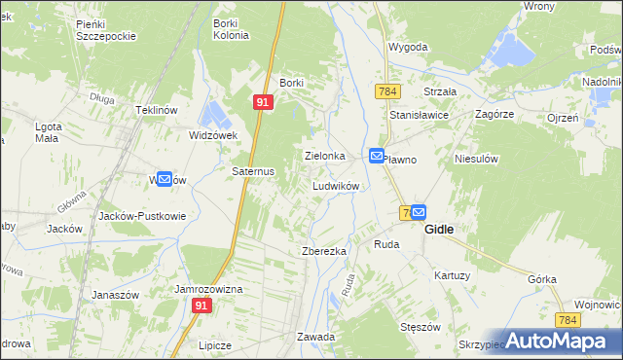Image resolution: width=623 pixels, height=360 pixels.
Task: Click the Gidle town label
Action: tap(443, 230)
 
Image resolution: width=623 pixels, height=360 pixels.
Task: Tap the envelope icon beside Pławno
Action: tap(377, 156)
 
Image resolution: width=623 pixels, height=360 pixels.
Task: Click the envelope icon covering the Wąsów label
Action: tap(165, 179)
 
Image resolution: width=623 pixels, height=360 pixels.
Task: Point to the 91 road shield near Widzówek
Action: tap(263, 101)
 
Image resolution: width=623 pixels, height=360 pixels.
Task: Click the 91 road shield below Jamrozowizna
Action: tap(202, 306)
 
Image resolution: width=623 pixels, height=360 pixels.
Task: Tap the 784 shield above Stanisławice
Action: tap(387, 90)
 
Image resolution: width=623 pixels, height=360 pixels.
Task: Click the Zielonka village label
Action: tap(325, 156)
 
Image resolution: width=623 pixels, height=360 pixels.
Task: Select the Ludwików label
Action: tap(337, 185)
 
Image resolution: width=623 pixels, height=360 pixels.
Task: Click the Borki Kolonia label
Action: tap(232, 29)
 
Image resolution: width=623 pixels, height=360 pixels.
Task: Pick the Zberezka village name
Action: tap(324, 251)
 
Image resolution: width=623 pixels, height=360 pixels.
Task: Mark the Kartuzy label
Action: tap(453, 275)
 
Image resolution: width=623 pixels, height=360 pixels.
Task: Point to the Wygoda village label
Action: tap(409, 46)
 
